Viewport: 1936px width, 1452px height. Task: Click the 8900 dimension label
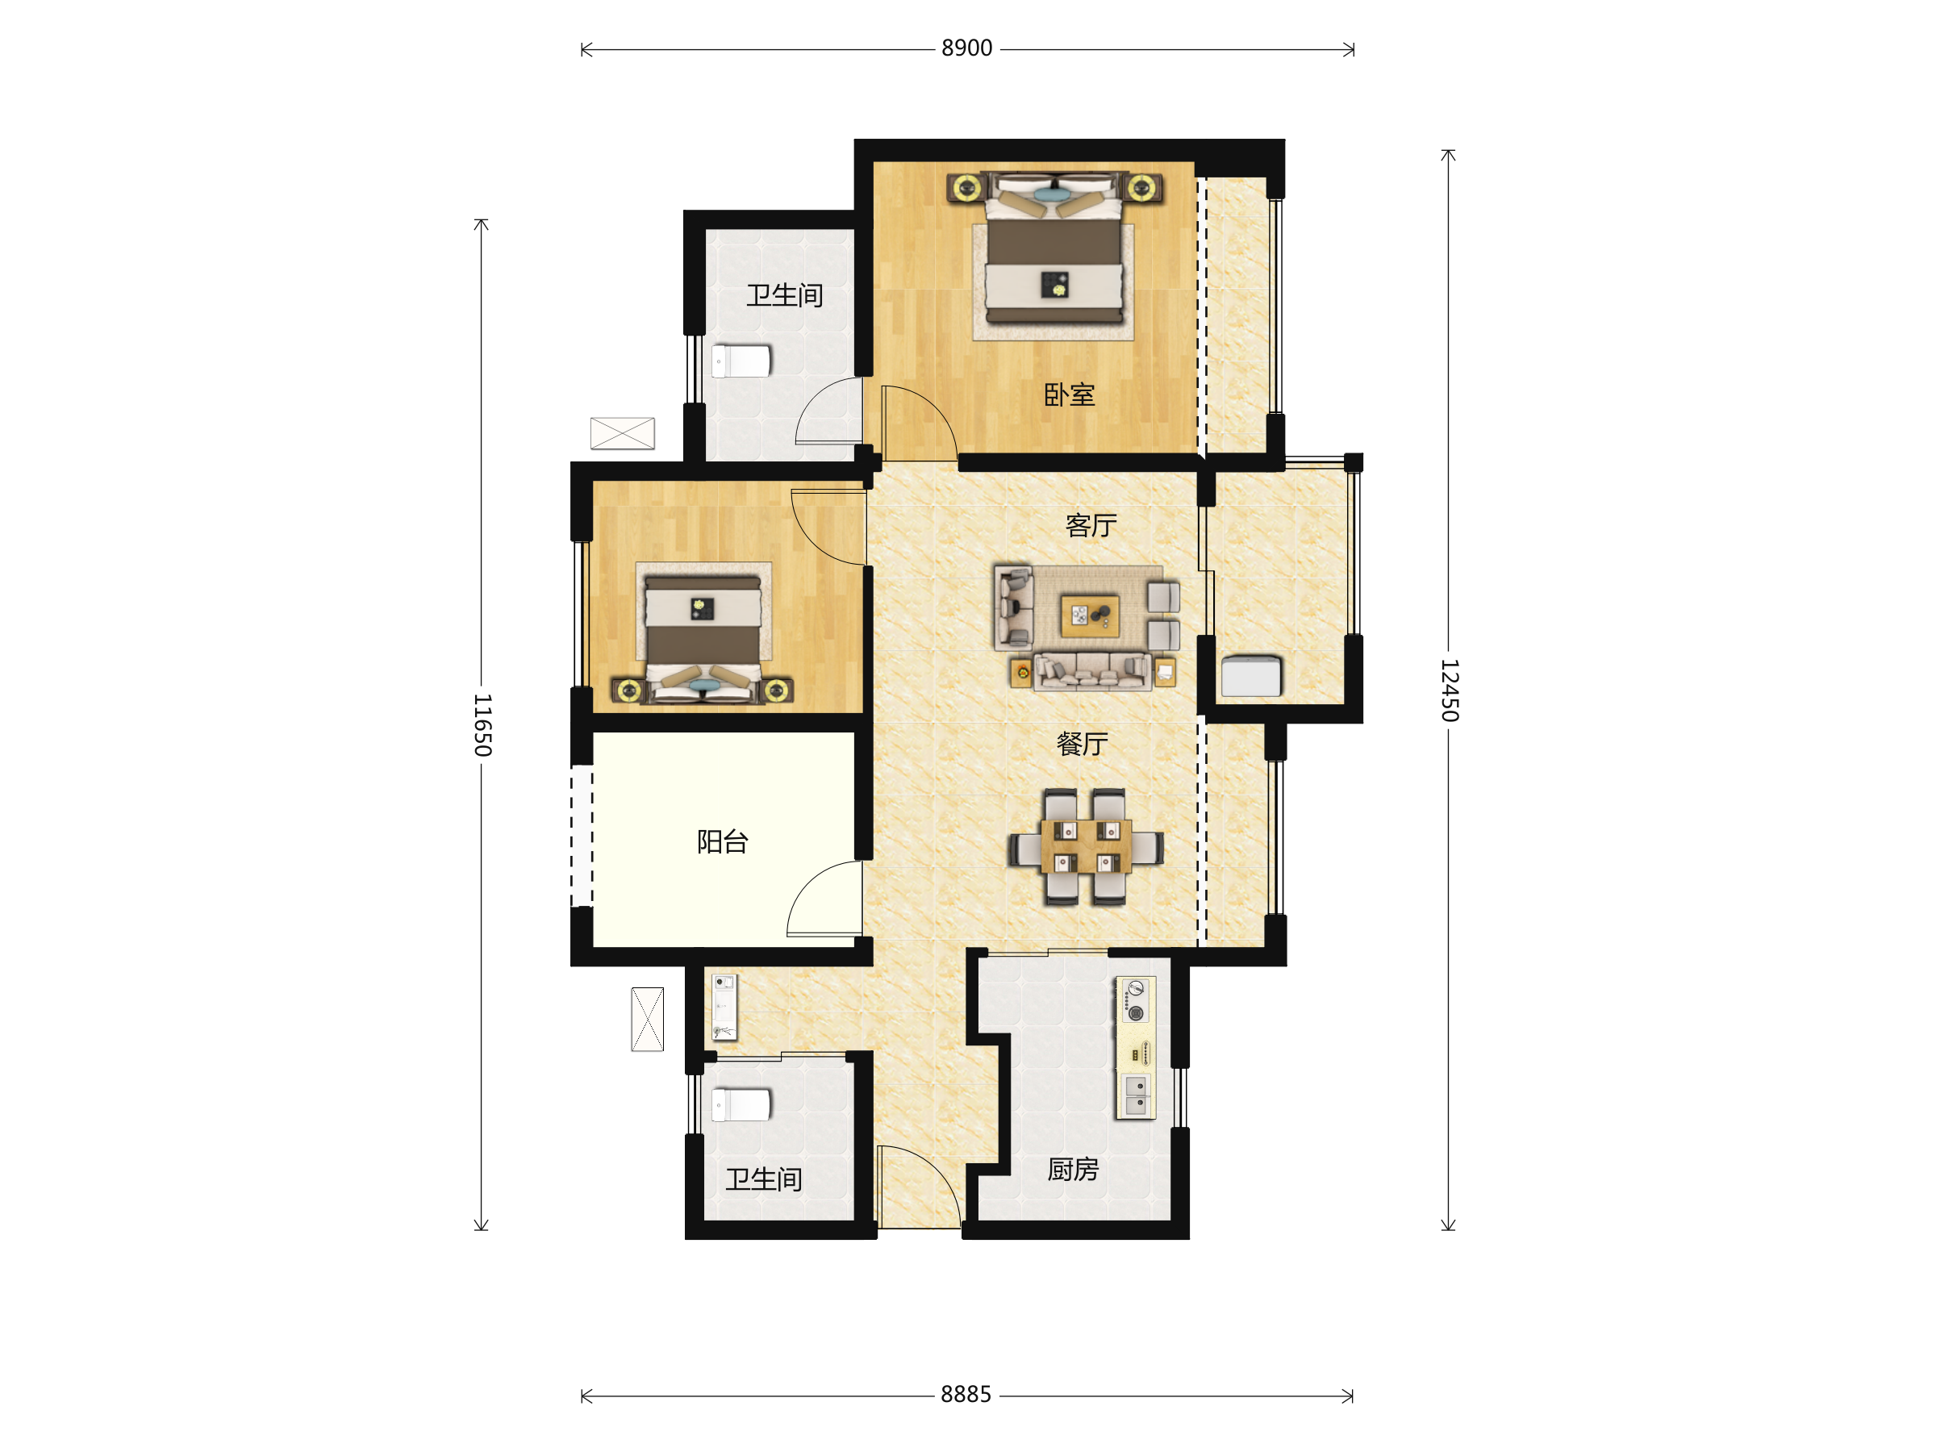[x=966, y=48]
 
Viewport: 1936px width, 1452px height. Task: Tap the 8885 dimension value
[x=966, y=1394]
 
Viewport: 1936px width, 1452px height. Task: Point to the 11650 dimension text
[x=482, y=724]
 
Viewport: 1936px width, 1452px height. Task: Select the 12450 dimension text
[x=1450, y=691]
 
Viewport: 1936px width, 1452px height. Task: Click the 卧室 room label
[x=1069, y=394]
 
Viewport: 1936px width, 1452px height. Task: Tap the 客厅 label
[x=1091, y=525]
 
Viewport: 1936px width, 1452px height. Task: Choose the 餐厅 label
[x=1082, y=744]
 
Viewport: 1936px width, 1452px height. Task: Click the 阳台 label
[x=722, y=842]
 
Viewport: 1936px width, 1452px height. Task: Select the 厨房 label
[x=1072, y=1170]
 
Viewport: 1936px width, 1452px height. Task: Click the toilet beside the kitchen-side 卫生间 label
[x=741, y=1104]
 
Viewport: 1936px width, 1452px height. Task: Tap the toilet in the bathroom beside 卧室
[x=741, y=361]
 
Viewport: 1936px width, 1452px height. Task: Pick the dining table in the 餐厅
[x=1085, y=846]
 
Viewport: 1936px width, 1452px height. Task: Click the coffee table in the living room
[x=1090, y=615]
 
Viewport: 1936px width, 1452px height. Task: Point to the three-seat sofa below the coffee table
[x=1091, y=671]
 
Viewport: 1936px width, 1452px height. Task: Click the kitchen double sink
[x=1135, y=1095]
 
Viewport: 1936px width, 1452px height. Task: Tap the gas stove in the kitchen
[x=1135, y=1001]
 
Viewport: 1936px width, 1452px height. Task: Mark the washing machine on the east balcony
[x=1250, y=676]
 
